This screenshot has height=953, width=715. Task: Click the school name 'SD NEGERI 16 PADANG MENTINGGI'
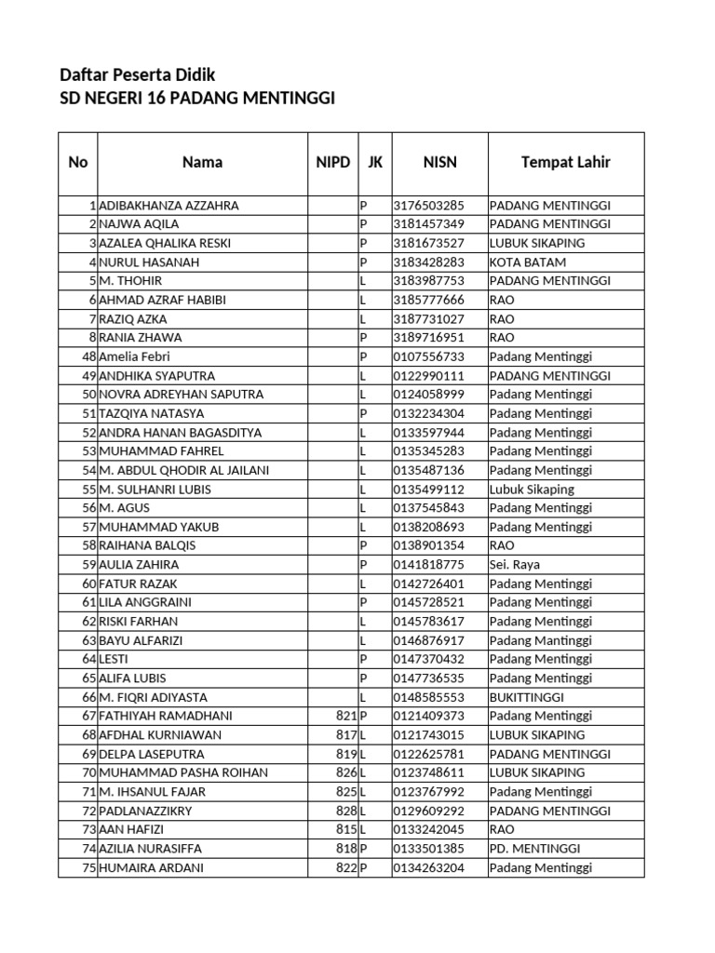click(196, 98)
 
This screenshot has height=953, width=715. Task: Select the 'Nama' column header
click(202, 162)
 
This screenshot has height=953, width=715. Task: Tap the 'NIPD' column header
click(332, 162)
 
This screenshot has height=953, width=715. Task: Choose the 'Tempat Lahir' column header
click(565, 162)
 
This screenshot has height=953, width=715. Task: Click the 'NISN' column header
click(439, 162)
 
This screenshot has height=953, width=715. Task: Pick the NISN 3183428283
click(428, 262)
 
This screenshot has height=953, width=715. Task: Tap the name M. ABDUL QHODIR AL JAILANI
click(183, 470)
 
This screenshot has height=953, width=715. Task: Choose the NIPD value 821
click(346, 716)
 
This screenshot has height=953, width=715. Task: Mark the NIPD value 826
click(346, 772)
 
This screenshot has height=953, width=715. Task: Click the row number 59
click(89, 564)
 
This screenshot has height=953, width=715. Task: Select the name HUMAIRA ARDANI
click(151, 867)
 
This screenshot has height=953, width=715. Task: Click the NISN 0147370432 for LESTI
click(428, 659)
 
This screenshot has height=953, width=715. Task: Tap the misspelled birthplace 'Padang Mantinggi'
click(541, 640)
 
